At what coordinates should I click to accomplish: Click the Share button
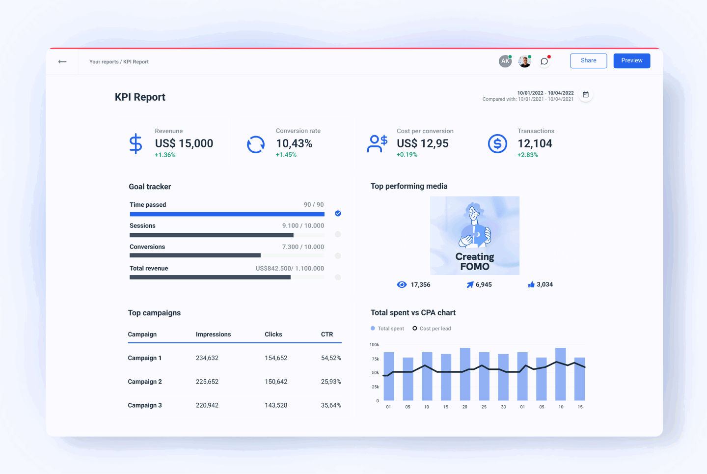(588, 60)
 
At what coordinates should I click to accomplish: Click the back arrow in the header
(62, 61)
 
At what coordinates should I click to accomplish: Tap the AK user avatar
(505, 61)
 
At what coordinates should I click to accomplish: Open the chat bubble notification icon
(544, 61)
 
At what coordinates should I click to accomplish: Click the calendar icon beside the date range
(585, 95)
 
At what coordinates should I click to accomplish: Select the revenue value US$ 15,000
(184, 143)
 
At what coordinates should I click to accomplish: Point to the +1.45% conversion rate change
(286, 155)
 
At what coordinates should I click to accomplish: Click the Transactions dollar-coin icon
(497, 143)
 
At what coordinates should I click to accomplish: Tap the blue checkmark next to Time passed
(338, 213)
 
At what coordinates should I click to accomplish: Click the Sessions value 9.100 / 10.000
(303, 226)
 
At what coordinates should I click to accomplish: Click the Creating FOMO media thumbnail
(474, 235)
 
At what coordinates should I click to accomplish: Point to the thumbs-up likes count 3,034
(544, 284)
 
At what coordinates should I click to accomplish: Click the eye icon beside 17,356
(402, 284)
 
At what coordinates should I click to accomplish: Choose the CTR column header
(327, 335)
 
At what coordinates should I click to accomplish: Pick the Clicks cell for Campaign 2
(276, 382)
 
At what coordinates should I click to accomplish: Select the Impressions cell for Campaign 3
(207, 405)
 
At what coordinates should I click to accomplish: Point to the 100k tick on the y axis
(374, 345)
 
